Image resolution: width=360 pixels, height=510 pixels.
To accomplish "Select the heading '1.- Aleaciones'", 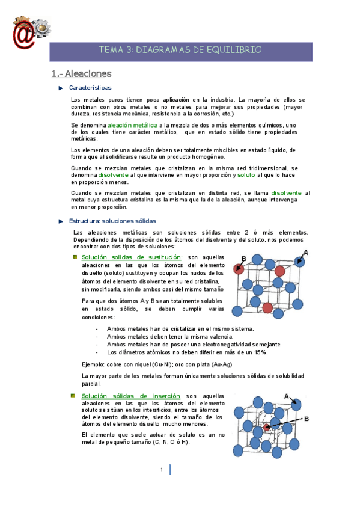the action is [x=81, y=74].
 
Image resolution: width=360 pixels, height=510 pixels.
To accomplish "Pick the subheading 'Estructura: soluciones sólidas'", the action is [x=112, y=221].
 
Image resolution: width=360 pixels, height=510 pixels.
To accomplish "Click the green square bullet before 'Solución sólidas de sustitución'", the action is [x=75, y=257].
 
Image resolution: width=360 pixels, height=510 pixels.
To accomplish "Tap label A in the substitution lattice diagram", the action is [x=306, y=253].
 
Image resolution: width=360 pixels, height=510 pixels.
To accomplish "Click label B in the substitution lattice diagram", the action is [x=243, y=259].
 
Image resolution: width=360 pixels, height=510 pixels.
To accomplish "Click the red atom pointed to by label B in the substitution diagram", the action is [x=239, y=270].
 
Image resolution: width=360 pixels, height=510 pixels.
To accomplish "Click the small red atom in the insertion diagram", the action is [x=267, y=428].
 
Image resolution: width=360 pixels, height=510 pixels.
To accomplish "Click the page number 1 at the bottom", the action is [x=162, y=470].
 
